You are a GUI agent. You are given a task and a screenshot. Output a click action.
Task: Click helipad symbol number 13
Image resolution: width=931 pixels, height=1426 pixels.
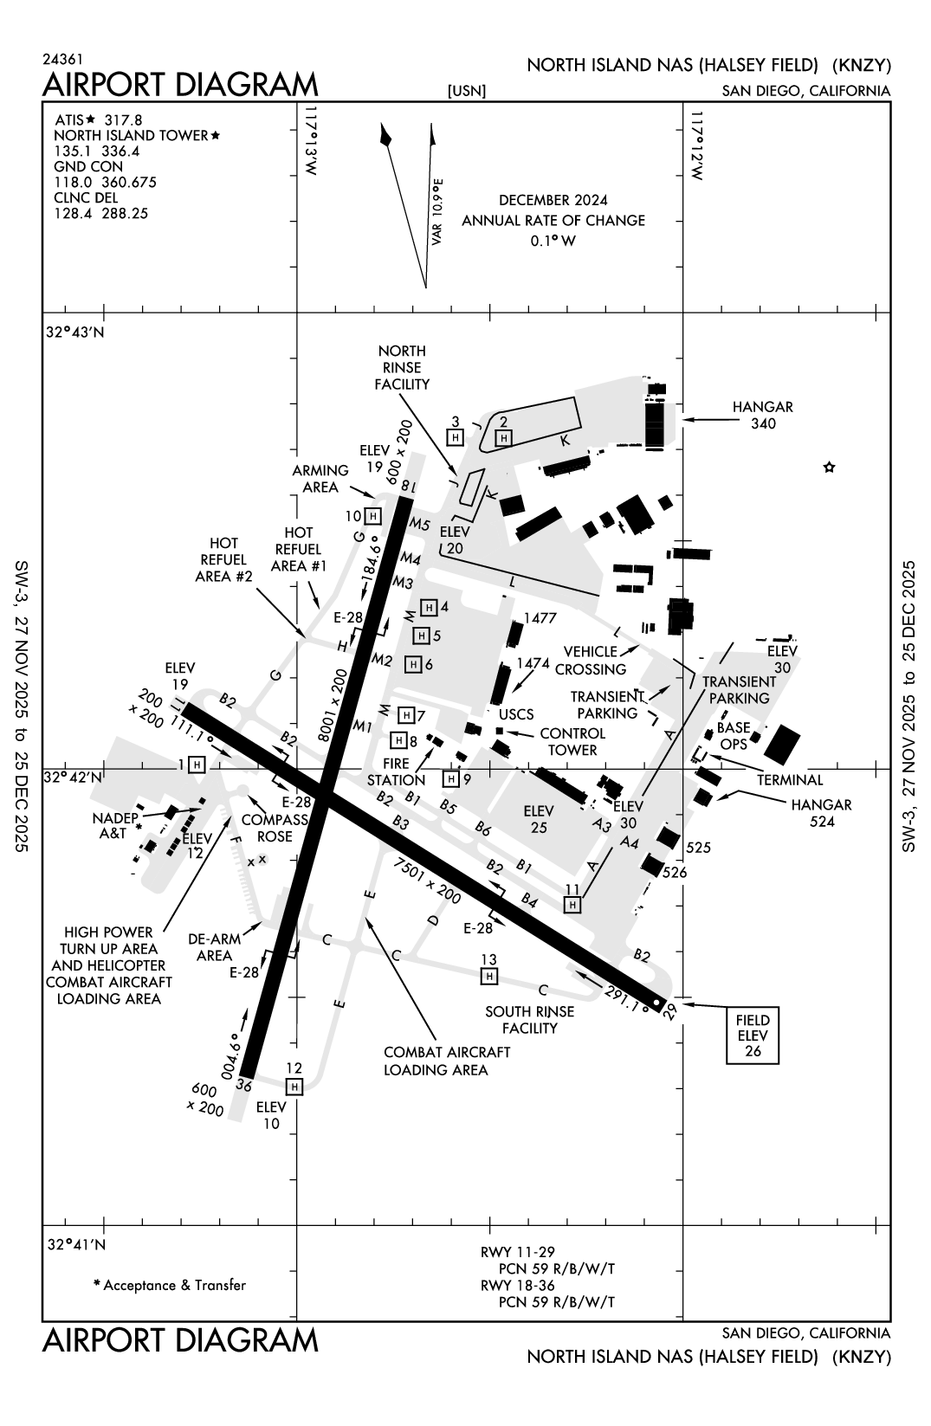[489, 976]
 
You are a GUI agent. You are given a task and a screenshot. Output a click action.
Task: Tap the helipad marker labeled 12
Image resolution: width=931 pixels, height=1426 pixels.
[294, 1086]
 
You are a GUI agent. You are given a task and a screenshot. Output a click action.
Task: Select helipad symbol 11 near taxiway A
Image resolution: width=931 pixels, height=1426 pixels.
[572, 904]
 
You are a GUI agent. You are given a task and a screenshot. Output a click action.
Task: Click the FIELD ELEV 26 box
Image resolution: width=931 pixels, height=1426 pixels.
[753, 1036]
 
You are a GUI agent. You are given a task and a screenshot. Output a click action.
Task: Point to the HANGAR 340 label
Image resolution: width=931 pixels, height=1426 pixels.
[762, 415]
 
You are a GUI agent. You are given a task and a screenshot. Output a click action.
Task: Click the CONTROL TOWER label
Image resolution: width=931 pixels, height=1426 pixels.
[572, 741]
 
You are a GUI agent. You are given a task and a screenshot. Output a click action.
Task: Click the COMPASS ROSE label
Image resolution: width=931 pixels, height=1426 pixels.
[275, 828]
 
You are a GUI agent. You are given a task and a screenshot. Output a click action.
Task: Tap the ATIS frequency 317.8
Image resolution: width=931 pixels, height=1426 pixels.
[123, 119]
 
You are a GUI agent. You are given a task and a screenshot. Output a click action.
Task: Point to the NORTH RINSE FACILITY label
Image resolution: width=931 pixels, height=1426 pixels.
[402, 367]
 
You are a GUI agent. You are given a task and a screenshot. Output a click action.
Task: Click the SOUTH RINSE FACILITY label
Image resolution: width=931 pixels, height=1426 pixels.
[529, 1019]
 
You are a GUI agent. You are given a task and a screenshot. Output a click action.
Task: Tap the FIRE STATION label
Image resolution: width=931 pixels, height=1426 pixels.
[396, 771]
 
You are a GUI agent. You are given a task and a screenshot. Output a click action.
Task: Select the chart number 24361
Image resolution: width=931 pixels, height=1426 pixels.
[62, 60]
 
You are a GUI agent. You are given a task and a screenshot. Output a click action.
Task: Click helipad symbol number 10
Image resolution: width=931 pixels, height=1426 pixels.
[372, 516]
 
